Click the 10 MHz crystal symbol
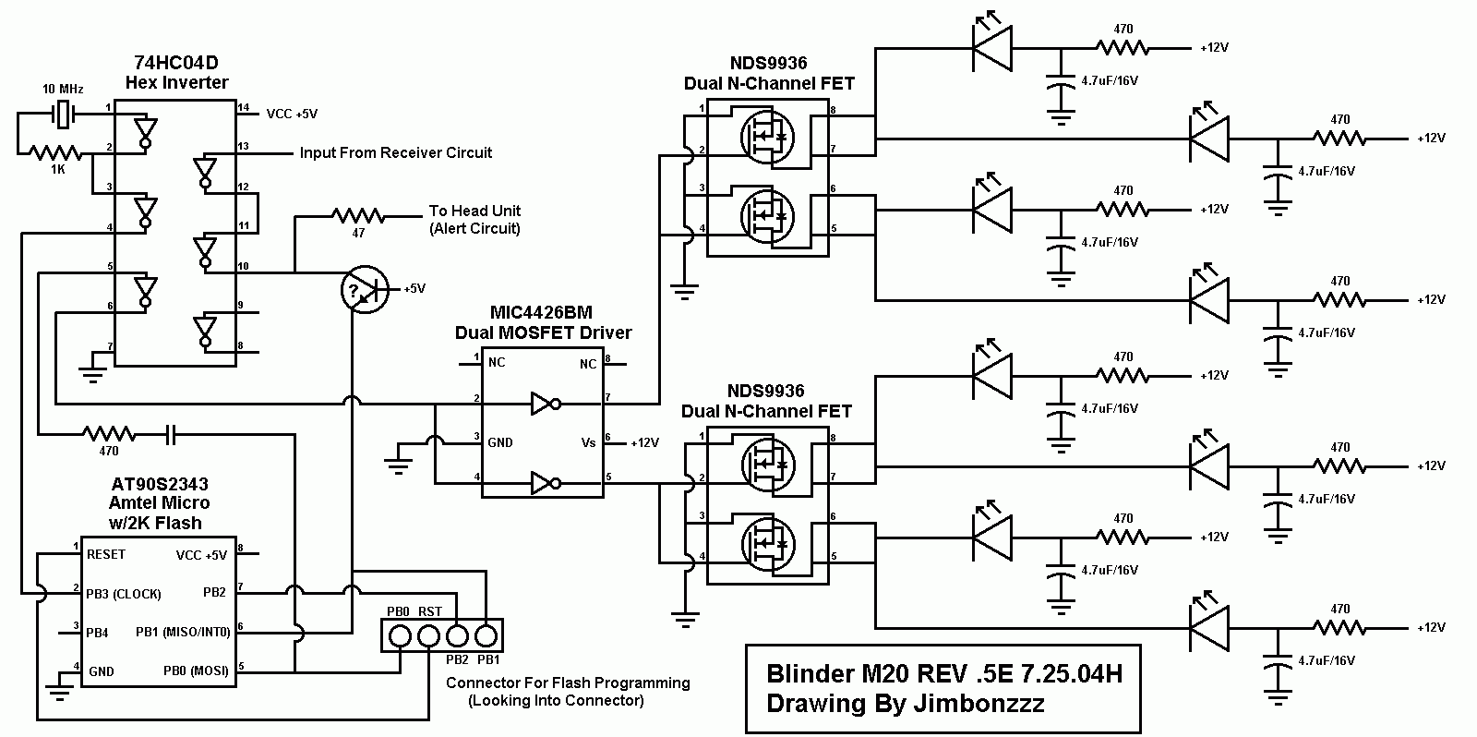63,115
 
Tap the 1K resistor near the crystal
56,153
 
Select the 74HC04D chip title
176,63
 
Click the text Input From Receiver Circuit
396,152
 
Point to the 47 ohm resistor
358,216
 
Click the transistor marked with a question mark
365,289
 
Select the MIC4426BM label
541,312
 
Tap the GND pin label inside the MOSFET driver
499,442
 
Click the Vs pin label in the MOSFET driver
588,442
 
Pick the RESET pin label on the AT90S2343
105,554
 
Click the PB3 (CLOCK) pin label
124,594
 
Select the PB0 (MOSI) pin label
196,671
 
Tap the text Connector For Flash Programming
568,683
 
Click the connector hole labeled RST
428,636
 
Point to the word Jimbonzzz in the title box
979,704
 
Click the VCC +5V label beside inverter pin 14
292,114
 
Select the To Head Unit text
474,211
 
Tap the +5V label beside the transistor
414,288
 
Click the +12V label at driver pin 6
645,442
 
